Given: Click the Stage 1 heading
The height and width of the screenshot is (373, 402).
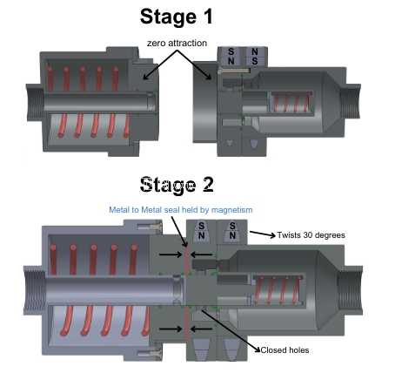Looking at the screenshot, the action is (x=177, y=17).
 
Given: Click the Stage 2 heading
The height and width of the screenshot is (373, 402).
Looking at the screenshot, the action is (x=177, y=185).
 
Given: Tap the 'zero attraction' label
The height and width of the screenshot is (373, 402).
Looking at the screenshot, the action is (x=177, y=43).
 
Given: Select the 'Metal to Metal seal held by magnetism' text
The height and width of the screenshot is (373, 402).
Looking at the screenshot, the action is (x=181, y=210).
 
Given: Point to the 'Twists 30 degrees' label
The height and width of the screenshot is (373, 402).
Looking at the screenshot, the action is (x=312, y=234).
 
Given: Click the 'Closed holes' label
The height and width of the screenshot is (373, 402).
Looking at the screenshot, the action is (x=285, y=350).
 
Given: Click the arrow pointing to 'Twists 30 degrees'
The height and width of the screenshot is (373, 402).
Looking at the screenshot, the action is (x=263, y=234).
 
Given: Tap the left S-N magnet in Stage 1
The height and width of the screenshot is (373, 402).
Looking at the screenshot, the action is (x=231, y=56).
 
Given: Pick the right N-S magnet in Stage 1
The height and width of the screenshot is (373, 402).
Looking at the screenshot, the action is (x=255, y=56).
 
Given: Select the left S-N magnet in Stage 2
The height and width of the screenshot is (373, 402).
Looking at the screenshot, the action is (x=201, y=232).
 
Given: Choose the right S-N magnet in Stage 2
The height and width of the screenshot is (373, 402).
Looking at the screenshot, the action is (x=232, y=232).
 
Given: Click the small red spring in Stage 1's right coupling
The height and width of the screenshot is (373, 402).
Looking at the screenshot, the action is (x=291, y=102).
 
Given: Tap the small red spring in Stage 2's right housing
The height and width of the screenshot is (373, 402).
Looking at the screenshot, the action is (x=278, y=290).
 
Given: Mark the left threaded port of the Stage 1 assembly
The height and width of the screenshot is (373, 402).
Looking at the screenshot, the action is (x=35, y=102).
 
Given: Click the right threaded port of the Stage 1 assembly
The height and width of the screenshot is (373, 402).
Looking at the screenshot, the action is (x=350, y=101).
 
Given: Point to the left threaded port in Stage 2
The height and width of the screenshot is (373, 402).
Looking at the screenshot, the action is (x=34, y=290).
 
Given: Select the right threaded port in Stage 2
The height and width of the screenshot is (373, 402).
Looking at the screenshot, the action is (x=351, y=289).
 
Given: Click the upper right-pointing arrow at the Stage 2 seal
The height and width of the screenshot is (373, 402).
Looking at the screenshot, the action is (x=171, y=254).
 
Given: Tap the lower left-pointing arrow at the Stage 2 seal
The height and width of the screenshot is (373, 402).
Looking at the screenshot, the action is (x=202, y=329).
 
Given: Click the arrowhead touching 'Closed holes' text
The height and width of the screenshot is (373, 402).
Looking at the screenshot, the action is (x=258, y=349).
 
